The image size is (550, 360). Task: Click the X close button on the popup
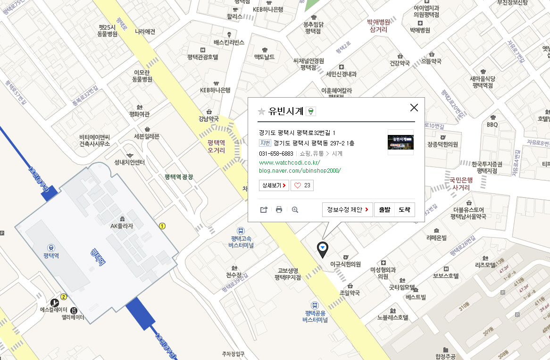pos(414,108)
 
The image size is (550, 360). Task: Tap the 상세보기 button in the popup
pos(274,185)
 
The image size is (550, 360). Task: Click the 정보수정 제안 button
pos(348,209)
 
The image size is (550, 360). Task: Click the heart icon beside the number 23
pos(297,185)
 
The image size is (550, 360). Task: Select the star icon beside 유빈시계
pos(261,111)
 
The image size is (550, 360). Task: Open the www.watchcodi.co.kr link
pos(290,162)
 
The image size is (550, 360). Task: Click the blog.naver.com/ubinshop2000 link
pos(300,170)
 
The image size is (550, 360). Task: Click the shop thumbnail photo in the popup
pos(400,142)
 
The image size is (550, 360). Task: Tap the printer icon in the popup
pos(279,209)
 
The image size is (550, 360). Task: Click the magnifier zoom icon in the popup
pos(295,209)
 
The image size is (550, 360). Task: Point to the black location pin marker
pos(323,249)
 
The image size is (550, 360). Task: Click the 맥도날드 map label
pos(264,57)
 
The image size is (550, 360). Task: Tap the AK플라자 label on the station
pos(122,226)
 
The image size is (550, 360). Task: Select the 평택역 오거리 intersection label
pos(216,146)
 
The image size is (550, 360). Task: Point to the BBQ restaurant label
pos(492,125)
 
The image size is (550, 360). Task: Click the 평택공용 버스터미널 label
pos(315,316)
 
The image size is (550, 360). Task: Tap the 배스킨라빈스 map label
pos(229,42)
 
